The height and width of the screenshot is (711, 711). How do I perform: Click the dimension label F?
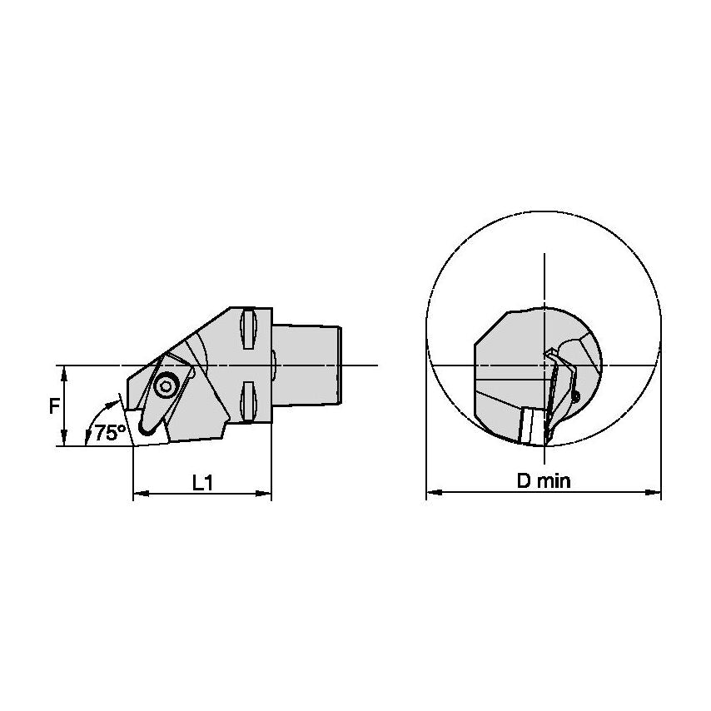click(53, 405)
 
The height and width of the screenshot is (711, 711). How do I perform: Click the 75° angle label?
click(109, 432)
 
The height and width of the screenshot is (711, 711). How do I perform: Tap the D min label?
click(544, 481)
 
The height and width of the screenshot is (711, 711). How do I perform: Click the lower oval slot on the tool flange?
click(247, 401)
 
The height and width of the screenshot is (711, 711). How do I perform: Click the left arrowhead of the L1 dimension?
click(138, 495)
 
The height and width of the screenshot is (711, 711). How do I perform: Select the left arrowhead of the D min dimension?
click(431, 494)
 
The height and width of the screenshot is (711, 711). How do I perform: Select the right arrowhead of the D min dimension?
click(656, 494)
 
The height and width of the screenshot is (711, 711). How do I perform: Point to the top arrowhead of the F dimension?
click(64, 370)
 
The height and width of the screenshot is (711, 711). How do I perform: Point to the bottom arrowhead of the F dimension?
click(64, 441)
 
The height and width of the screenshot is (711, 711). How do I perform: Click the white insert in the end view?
click(528, 425)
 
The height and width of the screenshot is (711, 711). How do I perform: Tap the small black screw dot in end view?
click(576, 397)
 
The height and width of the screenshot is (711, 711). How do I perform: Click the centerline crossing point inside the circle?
click(544, 365)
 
